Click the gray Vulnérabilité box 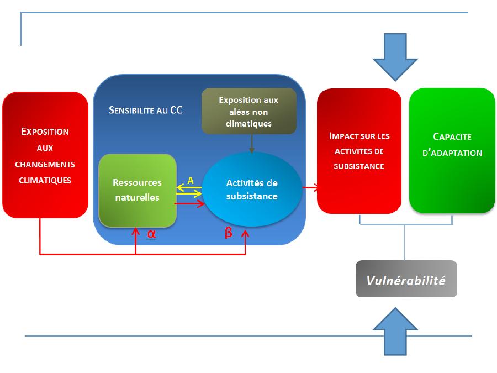tap(406, 280)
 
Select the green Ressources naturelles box tap(137, 191)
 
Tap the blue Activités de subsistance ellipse tap(252, 190)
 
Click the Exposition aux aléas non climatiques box tap(248, 112)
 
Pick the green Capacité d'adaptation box tap(452, 150)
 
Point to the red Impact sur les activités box tap(359, 150)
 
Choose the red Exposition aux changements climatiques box tap(45, 156)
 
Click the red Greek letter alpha tap(151, 234)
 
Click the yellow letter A tap(191, 180)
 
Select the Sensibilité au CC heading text tap(146, 109)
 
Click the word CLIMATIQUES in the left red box tap(45, 180)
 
